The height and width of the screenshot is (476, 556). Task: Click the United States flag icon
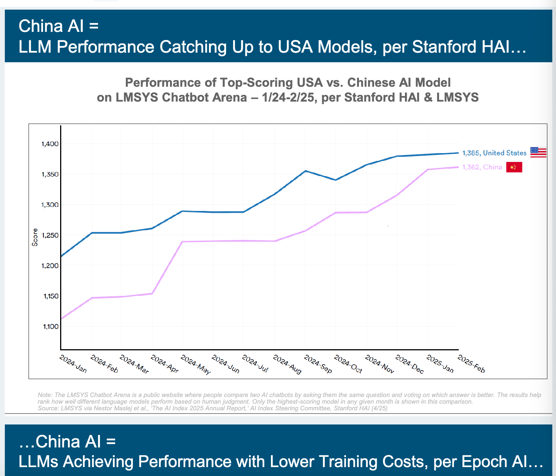pyautogui.click(x=538, y=152)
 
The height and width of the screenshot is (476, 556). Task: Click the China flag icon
pyautogui.click(x=514, y=167)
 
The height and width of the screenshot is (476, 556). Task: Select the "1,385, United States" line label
pyautogui.click(x=494, y=153)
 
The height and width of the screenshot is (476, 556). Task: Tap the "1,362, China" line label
pyautogui.click(x=482, y=167)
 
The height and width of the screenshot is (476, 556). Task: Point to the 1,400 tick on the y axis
pyautogui.click(x=50, y=144)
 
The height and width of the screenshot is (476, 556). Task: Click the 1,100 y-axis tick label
pyautogui.click(x=50, y=327)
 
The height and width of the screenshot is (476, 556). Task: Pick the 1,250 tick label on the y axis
pyautogui.click(x=50, y=235)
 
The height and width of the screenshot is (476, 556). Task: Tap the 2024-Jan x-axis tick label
pyautogui.click(x=73, y=364)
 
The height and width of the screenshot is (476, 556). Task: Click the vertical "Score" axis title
pyautogui.click(x=35, y=237)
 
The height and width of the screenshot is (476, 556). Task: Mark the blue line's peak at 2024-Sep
pyautogui.click(x=305, y=171)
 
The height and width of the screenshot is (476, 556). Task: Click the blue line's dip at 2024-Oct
pyautogui.click(x=336, y=180)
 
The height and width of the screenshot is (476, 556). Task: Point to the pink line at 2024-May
pyautogui.click(x=182, y=242)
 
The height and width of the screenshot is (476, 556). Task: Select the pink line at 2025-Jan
pyautogui.click(x=428, y=170)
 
